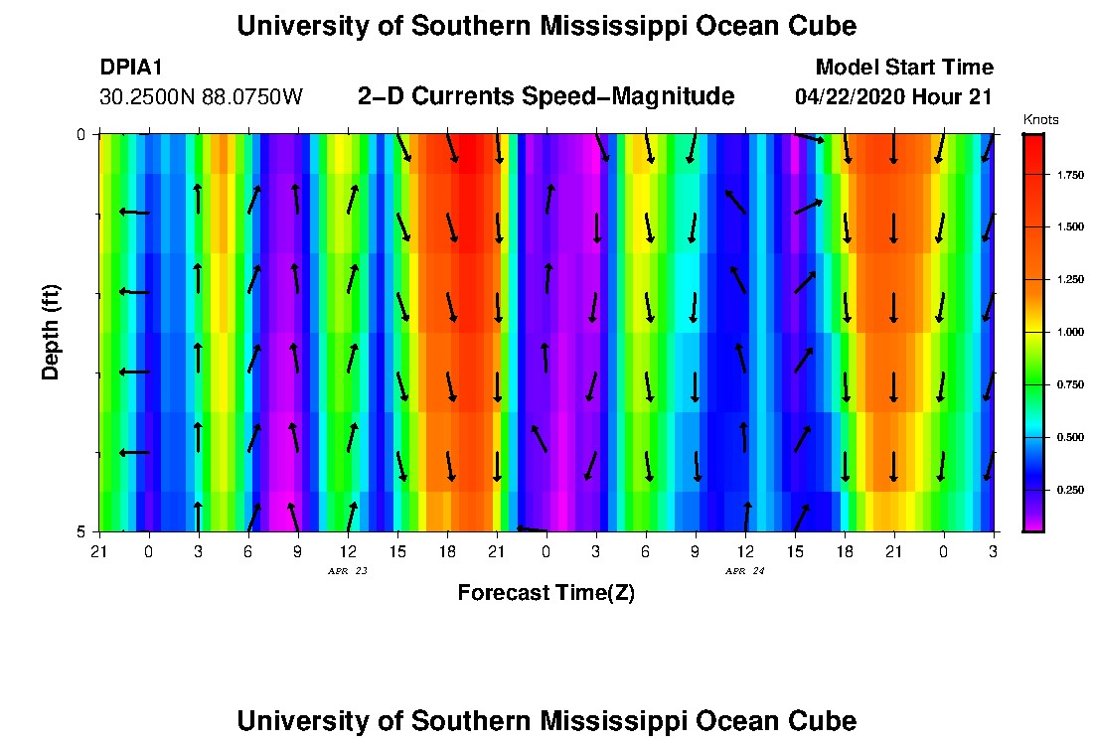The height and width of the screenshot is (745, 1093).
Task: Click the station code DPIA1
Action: [131, 68]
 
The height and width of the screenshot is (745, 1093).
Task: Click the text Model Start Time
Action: [903, 68]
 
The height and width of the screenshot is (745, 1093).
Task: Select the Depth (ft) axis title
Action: [51, 332]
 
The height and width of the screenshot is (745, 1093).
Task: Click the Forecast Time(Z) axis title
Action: [546, 593]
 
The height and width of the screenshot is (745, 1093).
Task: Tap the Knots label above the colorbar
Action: [1040, 120]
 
